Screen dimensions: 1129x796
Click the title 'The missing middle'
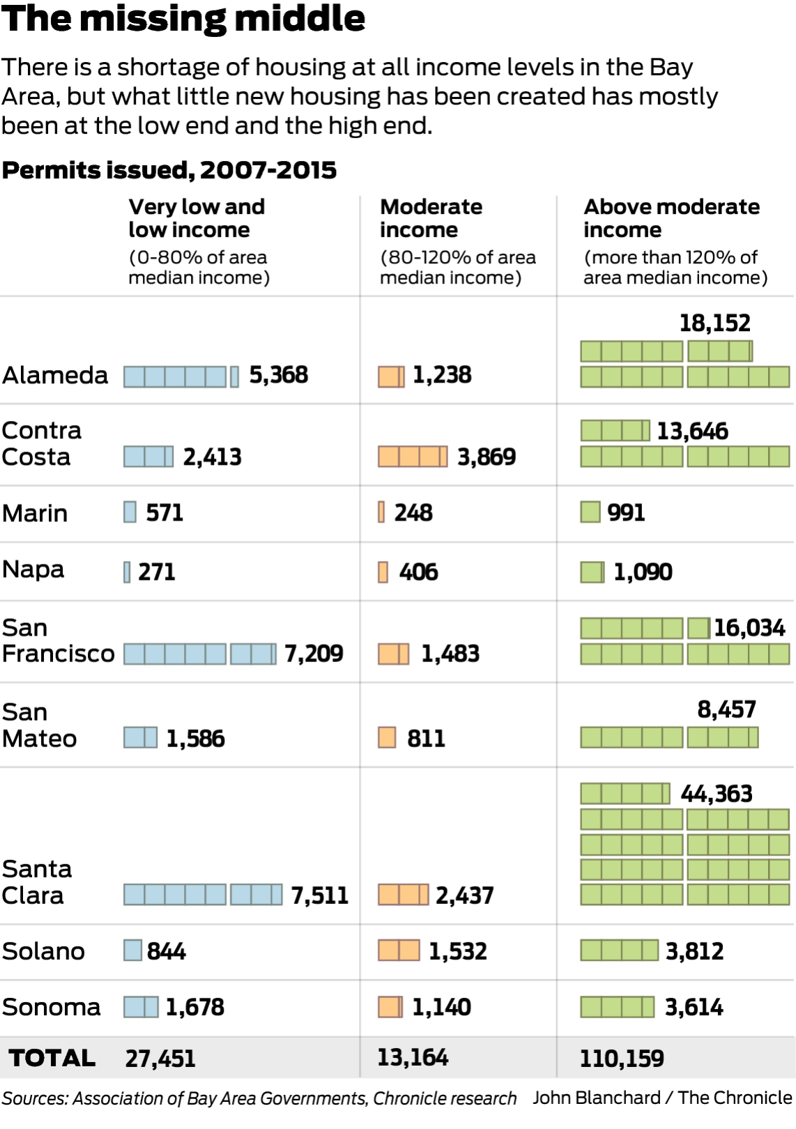point(183,19)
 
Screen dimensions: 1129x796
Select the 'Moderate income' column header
point(431,218)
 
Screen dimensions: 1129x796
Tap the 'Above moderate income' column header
point(671,218)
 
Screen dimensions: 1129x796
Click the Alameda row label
point(55,376)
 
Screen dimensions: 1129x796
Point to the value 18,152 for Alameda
point(714,323)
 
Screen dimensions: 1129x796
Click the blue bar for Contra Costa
point(148,457)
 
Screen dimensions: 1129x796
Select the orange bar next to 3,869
point(413,457)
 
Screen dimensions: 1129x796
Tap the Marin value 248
point(413,513)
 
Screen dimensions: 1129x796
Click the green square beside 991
point(590,512)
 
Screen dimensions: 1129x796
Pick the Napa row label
point(33,569)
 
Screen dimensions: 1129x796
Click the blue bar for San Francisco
point(200,654)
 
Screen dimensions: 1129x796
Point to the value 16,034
point(749,628)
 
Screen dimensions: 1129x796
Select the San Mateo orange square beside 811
point(387,737)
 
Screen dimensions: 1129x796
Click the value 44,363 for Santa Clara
point(717,794)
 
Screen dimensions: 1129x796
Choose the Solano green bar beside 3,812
point(619,951)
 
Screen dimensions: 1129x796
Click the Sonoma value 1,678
point(194,1007)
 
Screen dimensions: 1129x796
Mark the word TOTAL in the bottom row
point(52,1058)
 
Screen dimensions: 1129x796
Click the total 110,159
point(622,1059)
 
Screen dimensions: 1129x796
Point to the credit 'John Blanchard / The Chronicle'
point(662,1098)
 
